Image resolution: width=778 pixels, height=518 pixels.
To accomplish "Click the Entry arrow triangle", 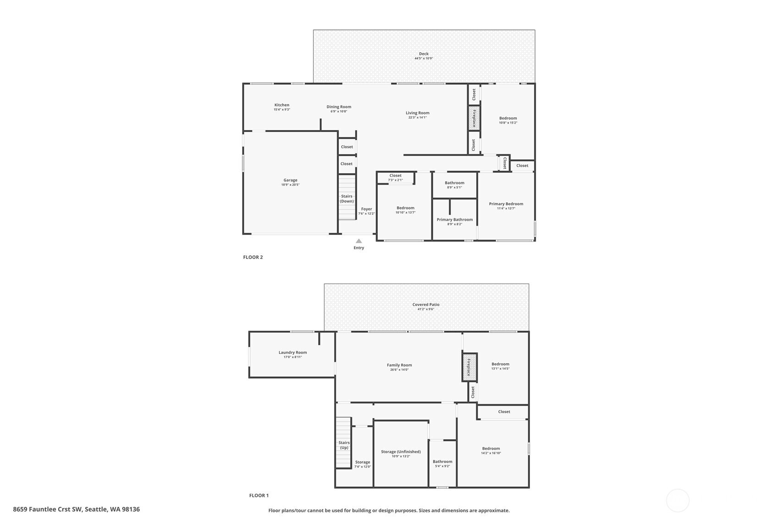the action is point(359,241).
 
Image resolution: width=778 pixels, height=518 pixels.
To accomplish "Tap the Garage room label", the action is point(290,180).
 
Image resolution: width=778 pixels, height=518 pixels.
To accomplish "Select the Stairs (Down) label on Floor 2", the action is point(347,199).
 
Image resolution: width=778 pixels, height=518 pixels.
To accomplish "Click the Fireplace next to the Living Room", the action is point(474,118).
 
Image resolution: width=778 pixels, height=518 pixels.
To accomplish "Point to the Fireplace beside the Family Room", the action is point(469,367).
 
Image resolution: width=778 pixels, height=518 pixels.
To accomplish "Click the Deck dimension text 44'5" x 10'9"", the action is point(424,58).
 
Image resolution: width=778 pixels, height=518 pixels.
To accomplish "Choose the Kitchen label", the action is point(281,105).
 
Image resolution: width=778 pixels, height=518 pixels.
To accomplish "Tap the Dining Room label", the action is point(339,107).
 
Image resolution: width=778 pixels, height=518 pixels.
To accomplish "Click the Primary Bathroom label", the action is point(455,220).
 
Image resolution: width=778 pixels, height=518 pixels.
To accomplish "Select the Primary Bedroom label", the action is point(506,204).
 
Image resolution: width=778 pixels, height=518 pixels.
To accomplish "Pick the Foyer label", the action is point(366,209).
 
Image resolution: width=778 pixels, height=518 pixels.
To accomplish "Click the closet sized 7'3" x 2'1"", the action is point(396,178).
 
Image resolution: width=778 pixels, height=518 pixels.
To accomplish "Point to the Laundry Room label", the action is point(293,353).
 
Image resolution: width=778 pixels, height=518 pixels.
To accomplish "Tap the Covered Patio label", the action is point(426,305).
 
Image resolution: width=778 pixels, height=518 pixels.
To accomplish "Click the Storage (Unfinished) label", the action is point(401,452).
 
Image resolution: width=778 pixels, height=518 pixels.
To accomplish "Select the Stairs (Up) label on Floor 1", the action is point(344,445).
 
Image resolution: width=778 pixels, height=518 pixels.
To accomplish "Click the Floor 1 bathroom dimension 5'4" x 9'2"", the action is point(442,466).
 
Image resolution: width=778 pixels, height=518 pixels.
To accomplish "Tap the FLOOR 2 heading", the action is point(253,257).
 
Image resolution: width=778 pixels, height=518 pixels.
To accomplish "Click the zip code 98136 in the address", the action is point(131,509).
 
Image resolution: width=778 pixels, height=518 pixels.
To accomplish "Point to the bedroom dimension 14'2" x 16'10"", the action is point(491,453).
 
